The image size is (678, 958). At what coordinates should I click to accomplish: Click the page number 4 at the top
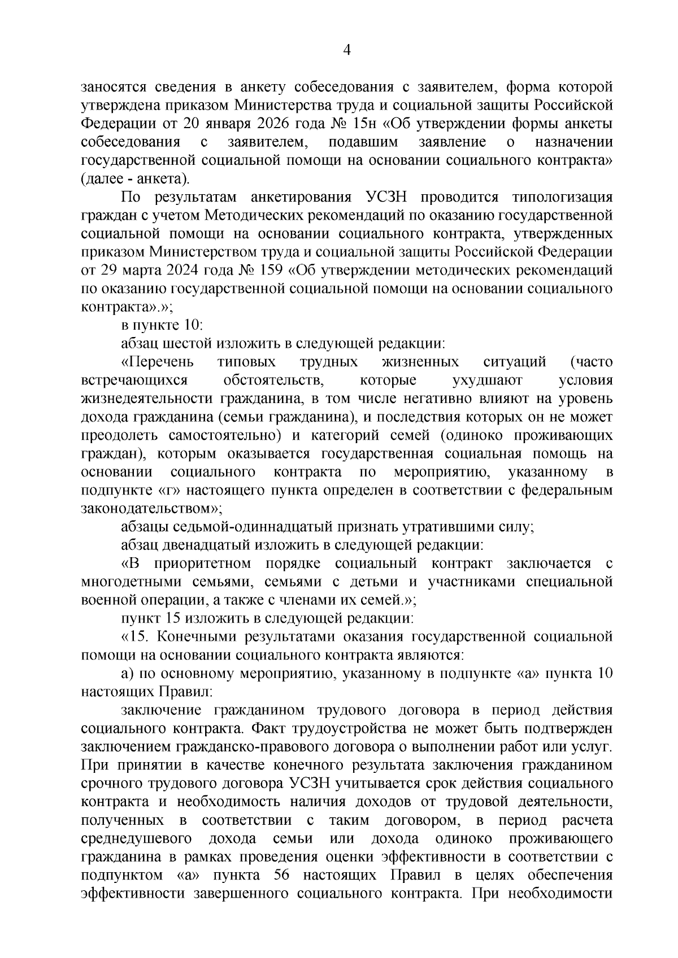coord(347,51)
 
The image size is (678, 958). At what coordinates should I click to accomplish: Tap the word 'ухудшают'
coord(488,380)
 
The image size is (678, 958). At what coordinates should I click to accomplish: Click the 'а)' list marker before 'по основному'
coord(127,674)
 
